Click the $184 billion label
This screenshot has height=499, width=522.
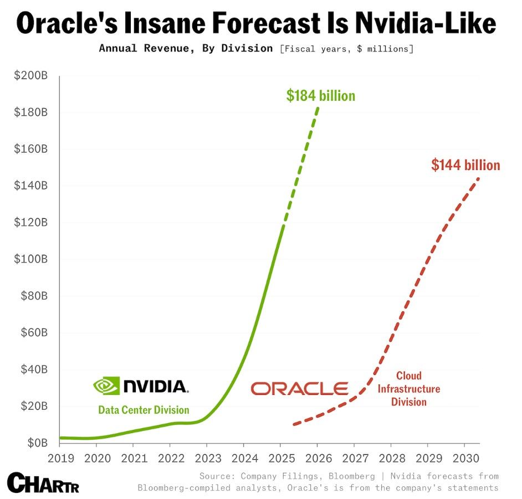click(x=320, y=96)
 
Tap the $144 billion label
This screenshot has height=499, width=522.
click(x=465, y=165)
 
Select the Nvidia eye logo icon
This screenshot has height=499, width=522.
click(x=106, y=385)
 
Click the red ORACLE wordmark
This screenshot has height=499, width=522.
click(x=300, y=388)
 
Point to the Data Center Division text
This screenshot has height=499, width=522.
click(x=144, y=410)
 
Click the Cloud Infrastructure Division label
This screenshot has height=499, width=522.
click(x=409, y=389)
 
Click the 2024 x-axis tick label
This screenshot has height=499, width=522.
click(x=243, y=458)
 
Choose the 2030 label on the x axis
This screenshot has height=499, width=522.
click(x=463, y=458)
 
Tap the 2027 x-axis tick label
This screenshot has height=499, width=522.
click(x=354, y=458)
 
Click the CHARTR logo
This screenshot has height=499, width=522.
click(x=43, y=482)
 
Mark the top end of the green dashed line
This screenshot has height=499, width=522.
click(x=318, y=107)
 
